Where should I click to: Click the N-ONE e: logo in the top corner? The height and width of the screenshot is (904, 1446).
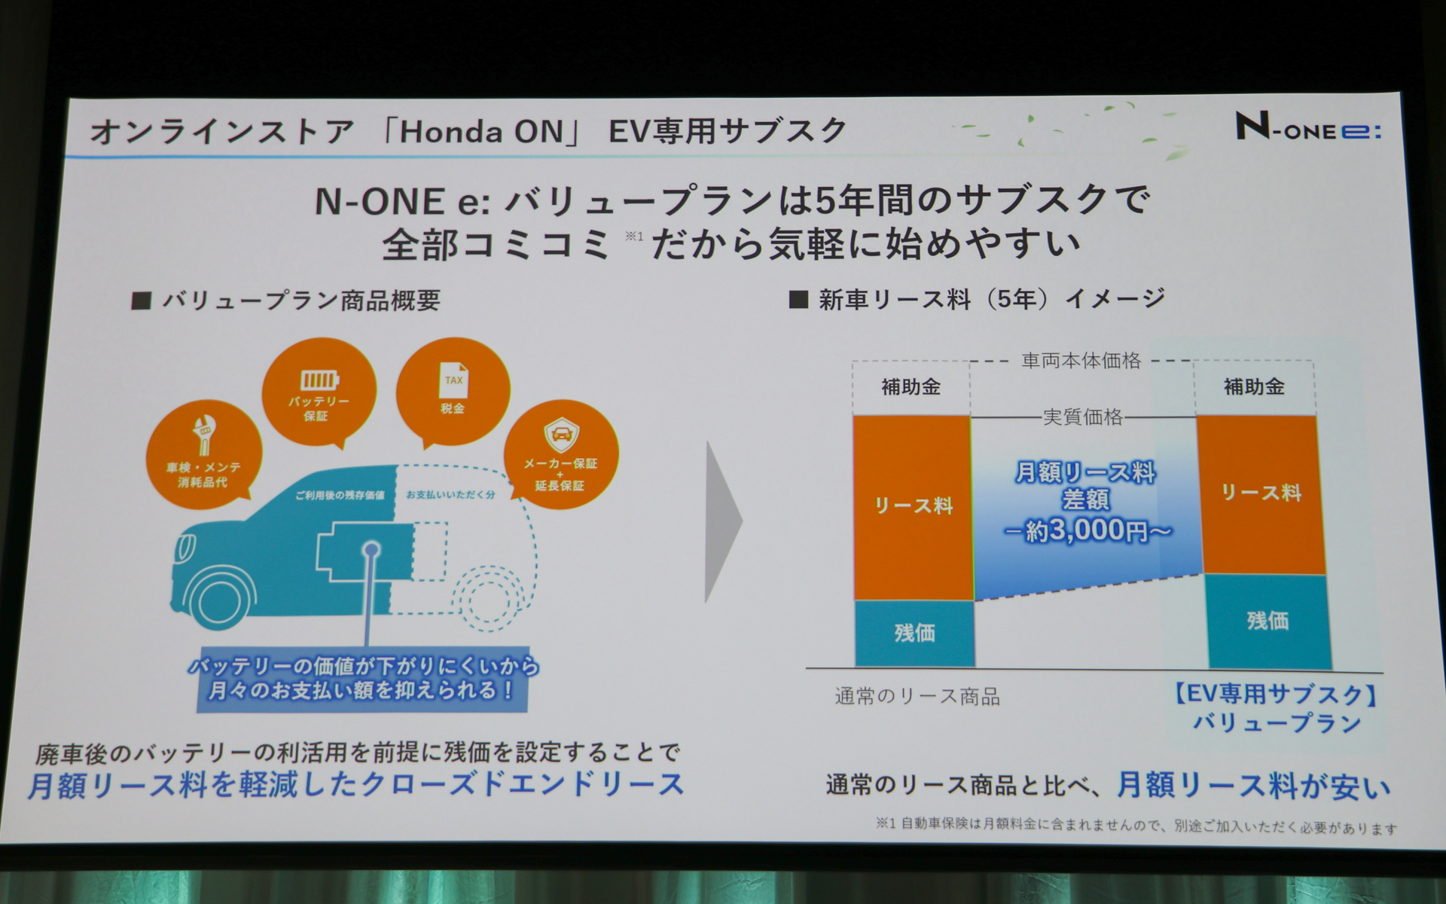coord(1307,127)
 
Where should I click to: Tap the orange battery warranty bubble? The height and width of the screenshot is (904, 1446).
coord(319,392)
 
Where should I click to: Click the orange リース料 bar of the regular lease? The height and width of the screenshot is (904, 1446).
coord(913,507)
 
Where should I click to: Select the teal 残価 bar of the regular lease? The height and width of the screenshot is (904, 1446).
coord(914,633)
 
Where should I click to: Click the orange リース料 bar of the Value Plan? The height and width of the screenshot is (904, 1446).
coord(1261,494)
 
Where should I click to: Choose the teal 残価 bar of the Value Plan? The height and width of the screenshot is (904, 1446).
coord(1268,621)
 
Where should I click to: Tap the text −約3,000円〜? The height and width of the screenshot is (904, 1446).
coord(1087,531)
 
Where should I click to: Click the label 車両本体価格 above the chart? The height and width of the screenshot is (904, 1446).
coord(1081,362)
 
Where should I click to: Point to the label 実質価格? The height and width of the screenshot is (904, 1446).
coord(1082,417)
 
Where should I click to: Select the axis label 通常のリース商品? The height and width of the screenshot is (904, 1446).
coord(917,697)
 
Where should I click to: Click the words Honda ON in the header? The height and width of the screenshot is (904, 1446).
coord(481,132)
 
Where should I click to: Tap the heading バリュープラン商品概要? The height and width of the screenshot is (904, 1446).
coord(300,301)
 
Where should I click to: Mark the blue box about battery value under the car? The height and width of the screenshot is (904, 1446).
coord(363,679)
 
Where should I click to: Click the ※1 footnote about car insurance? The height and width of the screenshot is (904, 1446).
coord(1135,826)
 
